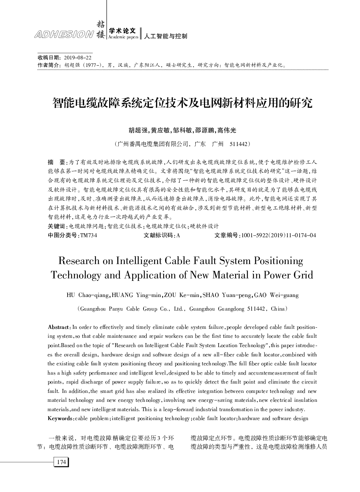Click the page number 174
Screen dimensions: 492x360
point(61,462)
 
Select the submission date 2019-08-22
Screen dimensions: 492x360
point(78,58)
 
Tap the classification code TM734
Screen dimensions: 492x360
point(88,235)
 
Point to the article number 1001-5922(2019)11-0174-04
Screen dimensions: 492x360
point(278,235)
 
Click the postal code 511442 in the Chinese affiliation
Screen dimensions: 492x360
point(238,144)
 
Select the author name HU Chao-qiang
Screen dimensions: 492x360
point(88,295)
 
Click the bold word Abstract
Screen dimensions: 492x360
point(59,327)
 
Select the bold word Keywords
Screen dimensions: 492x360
point(60,418)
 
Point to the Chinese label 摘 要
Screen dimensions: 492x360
point(57,162)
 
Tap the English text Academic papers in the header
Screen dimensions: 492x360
point(123,37)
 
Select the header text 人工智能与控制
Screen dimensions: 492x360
point(165,36)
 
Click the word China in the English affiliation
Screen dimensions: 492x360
point(277,308)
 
